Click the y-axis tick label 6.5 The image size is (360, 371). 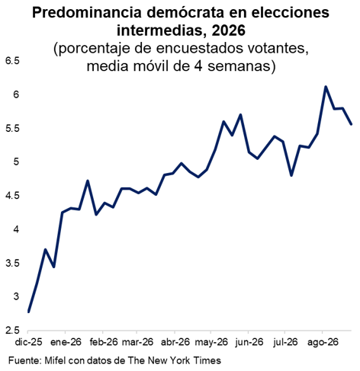click(13, 61)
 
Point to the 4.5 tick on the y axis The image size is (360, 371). click(13, 196)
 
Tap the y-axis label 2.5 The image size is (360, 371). click(13, 331)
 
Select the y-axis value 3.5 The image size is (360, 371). click(13, 264)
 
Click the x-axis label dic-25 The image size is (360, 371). click(28, 342)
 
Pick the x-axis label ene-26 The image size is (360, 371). click(66, 342)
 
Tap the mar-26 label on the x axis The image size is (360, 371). click(137, 342)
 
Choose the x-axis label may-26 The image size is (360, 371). click(211, 342)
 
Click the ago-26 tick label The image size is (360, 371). click(323, 343)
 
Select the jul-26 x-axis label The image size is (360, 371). click(285, 342)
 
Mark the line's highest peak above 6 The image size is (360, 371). click(326, 87)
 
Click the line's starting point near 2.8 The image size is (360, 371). click(28, 312)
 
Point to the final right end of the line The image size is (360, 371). click(352, 124)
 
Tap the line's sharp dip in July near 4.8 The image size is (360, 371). click(291, 175)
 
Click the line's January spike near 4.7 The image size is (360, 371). click(88, 181)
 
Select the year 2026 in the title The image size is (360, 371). click(228, 30)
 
